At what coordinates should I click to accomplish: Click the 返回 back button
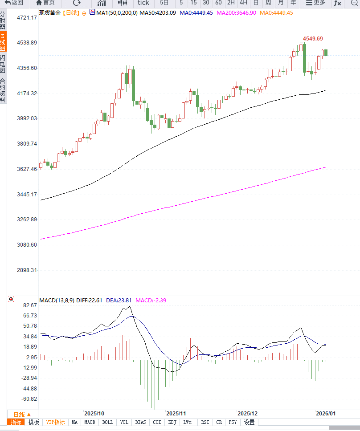point(14,3)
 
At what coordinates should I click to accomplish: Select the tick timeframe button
point(143,3)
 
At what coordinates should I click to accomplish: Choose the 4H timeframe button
point(243,3)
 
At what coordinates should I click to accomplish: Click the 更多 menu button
point(315,3)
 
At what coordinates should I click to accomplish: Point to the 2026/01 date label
point(325,413)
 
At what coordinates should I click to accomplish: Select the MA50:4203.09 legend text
point(158,13)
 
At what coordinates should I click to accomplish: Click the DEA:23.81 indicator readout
point(119,301)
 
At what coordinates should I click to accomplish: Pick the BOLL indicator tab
point(108,422)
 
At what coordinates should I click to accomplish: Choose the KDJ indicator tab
point(172,422)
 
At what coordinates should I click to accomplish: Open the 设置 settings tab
point(249,422)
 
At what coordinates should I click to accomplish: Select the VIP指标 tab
point(56,422)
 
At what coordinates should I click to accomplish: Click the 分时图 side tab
point(3,20)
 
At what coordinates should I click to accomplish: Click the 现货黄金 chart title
point(50,13)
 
